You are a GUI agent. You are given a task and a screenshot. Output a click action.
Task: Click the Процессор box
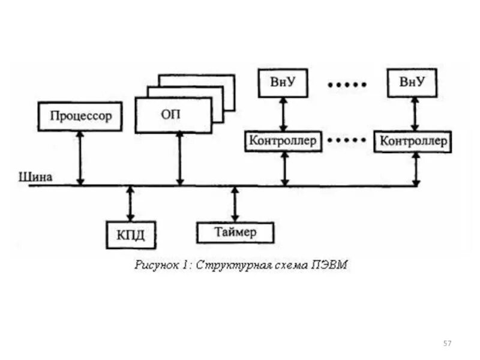pyautogui.click(x=80, y=116)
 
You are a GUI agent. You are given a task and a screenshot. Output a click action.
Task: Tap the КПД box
pyautogui.click(x=131, y=235)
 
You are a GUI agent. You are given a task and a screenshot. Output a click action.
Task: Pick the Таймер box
pyautogui.click(x=235, y=232)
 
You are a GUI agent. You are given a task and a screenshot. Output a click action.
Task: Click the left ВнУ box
pyautogui.click(x=283, y=83)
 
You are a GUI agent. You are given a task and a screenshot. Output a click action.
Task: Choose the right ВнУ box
pyautogui.click(x=412, y=82)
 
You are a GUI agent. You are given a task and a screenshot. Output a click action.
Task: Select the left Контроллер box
pyautogui.click(x=283, y=142)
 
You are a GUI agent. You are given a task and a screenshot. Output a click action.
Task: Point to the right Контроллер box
pyautogui.click(x=413, y=142)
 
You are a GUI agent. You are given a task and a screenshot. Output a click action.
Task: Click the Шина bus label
pyautogui.click(x=36, y=177)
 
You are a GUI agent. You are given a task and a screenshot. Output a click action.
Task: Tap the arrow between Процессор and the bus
pyautogui.click(x=80, y=158)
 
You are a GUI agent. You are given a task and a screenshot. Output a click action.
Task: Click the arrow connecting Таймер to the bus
pyautogui.click(x=235, y=203)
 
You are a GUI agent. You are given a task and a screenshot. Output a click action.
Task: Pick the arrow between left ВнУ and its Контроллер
pyautogui.click(x=283, y=114)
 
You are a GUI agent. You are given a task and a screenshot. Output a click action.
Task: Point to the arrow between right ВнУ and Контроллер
pyautogui.click(x=414, y=114)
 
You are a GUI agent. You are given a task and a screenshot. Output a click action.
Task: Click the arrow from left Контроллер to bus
pyautogui.click(x=285, y=168)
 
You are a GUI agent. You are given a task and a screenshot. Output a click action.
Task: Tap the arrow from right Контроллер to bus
pyautogui.click(x=416, y=168)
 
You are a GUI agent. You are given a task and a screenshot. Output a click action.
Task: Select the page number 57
pyautogui.click(x=447, y=343)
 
